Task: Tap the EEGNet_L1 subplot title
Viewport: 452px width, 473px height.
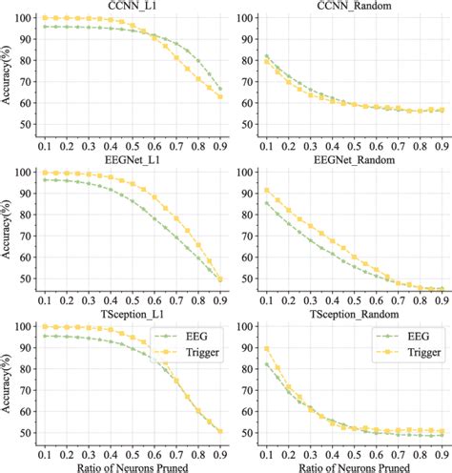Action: click(133, 163)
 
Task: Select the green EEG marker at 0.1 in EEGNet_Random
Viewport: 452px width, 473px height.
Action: click(267, 203)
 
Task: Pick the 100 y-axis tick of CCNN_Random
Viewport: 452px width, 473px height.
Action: click(244, 18)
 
